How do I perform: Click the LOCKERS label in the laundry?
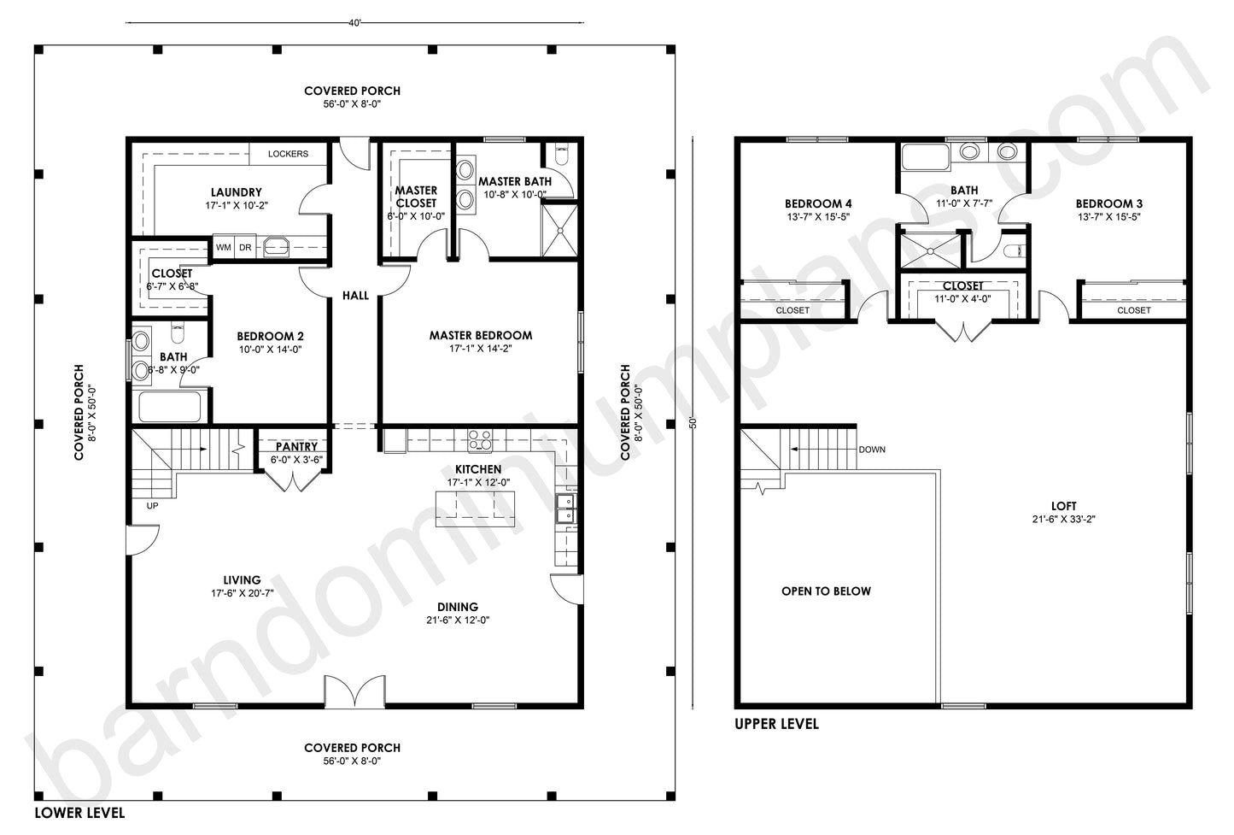click(288, 154)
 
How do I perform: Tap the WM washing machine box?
click(223, 248)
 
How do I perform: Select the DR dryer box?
click(245, 248)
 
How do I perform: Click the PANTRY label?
click(296, 447)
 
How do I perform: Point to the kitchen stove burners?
click(479, 440)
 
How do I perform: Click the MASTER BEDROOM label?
click(480, 336)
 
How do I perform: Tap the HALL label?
click(355, 296)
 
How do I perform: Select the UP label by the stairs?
click(153, 505)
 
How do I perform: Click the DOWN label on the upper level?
click(872, 450)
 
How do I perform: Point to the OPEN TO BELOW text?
click(826, 591)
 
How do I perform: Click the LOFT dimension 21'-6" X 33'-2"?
click(1064, 520)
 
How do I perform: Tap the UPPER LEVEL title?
click(776, 725)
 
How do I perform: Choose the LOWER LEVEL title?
click(79, 812)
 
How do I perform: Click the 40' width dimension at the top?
click(355, 23)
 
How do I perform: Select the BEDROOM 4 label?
click(817, 204)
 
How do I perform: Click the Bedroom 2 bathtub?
click(170, 407)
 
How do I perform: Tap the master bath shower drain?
click(560, 228)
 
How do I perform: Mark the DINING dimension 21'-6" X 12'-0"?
click(457, 620)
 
